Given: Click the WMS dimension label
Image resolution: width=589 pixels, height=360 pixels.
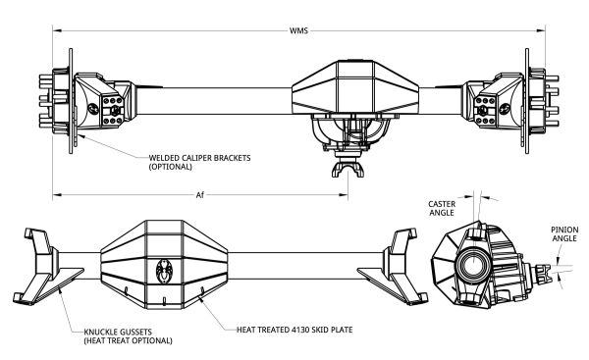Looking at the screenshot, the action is click(x=298, y=30).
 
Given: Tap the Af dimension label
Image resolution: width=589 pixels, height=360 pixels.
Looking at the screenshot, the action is click(x=200, y=195).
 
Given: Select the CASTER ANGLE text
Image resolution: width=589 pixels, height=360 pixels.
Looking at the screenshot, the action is click(x=442, y=208).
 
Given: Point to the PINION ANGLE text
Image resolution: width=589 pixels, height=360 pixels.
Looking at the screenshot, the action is click(x=564, y=233).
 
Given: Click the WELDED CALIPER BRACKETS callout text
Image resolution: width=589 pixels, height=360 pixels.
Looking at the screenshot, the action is click(x=199, y=162).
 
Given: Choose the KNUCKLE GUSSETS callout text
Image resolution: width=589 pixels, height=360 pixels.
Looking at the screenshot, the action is click(x=128, y=336).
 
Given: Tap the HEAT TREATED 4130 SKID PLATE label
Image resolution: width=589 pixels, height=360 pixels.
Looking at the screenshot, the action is click(x=294, y=330).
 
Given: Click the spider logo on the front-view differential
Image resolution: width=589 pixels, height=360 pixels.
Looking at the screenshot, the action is click(x=164, y=270).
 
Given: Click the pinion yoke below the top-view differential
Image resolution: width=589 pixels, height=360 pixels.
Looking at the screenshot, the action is click(x=348, y=168).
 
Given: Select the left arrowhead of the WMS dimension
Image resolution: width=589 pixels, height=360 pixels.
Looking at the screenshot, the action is click(x=57, y=30).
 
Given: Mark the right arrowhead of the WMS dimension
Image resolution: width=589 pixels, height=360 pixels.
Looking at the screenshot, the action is click(x=541, y=30).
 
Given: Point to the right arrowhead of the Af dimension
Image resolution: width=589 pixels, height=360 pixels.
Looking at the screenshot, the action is click(x=344, y=195).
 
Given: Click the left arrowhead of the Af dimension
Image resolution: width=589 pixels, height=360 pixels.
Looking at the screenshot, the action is click(x=57, y=195).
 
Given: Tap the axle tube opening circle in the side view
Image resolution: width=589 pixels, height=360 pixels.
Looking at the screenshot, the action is click(x=472, y=265).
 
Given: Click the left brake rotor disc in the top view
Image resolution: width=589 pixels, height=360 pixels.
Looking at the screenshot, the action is click(x=71, y=101).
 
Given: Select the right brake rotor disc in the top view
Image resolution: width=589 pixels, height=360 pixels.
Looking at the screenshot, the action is click(x=527, y=101).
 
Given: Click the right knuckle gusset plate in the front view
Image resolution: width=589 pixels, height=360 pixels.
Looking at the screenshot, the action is click(x=380, y=284).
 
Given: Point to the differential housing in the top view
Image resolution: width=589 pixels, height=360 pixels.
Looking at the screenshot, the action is click(x=355, y=87).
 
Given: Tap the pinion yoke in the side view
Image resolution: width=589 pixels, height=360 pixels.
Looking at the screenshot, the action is click(x=544, y=274).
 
